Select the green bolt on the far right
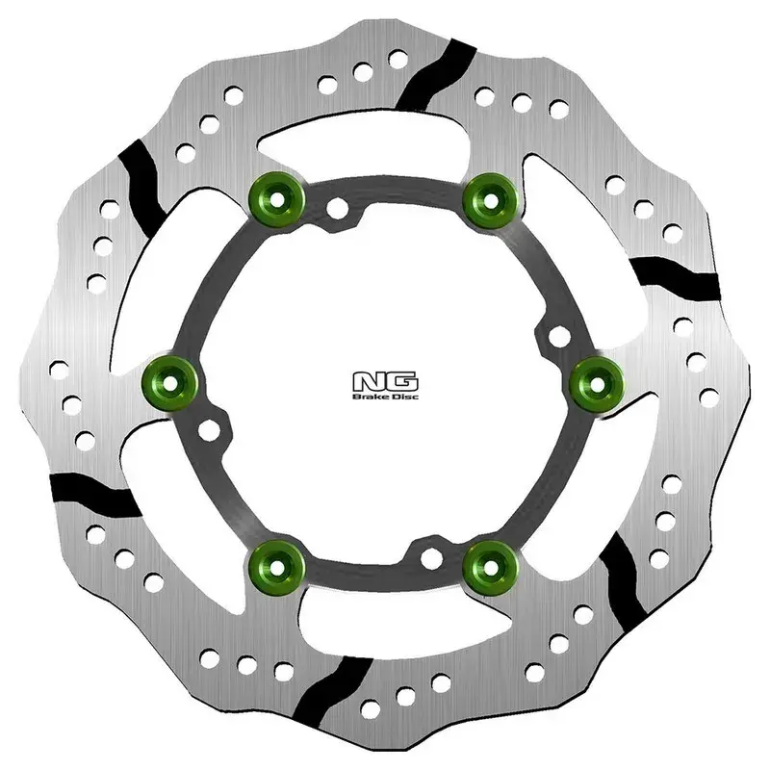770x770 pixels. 594,381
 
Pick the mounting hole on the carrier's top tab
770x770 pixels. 336,209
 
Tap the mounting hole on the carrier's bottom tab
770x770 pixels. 430,556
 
